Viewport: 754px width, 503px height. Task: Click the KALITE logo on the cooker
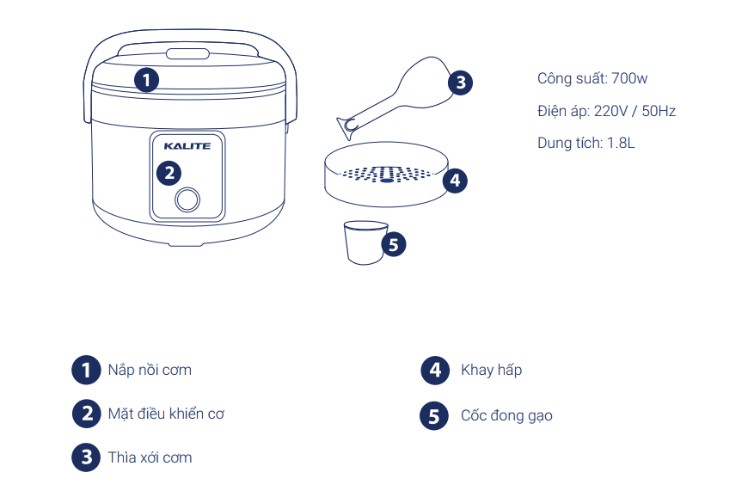pos(187,145)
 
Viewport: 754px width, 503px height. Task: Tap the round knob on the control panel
pos(187,199)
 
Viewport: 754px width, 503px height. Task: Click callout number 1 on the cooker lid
pos(147,80)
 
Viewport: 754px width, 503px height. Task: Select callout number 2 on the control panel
pos(169,173)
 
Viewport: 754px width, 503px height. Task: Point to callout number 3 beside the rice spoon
pos(460,83)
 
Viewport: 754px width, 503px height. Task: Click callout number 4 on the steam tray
pos(455,181)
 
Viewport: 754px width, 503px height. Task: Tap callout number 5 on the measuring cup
pos(394,244)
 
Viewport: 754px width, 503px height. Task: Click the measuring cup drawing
pos(364,242)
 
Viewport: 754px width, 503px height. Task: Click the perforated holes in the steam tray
pos(386,174)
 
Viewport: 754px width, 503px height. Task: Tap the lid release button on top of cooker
pos(187,53)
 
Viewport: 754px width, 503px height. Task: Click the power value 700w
pos(629,78)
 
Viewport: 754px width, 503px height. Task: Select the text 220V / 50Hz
pos(634,111)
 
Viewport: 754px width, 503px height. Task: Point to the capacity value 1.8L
pos(621,143)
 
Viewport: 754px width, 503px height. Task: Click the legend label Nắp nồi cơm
pos(150,370)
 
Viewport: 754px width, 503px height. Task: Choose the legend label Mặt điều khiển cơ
pos(166,414)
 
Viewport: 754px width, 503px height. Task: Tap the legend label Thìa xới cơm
pos(150,457)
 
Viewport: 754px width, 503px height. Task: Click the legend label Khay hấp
pos(491,370)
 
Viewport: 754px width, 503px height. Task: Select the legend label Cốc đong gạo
pos(506,415)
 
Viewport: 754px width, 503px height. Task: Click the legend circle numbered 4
pos(435,371)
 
